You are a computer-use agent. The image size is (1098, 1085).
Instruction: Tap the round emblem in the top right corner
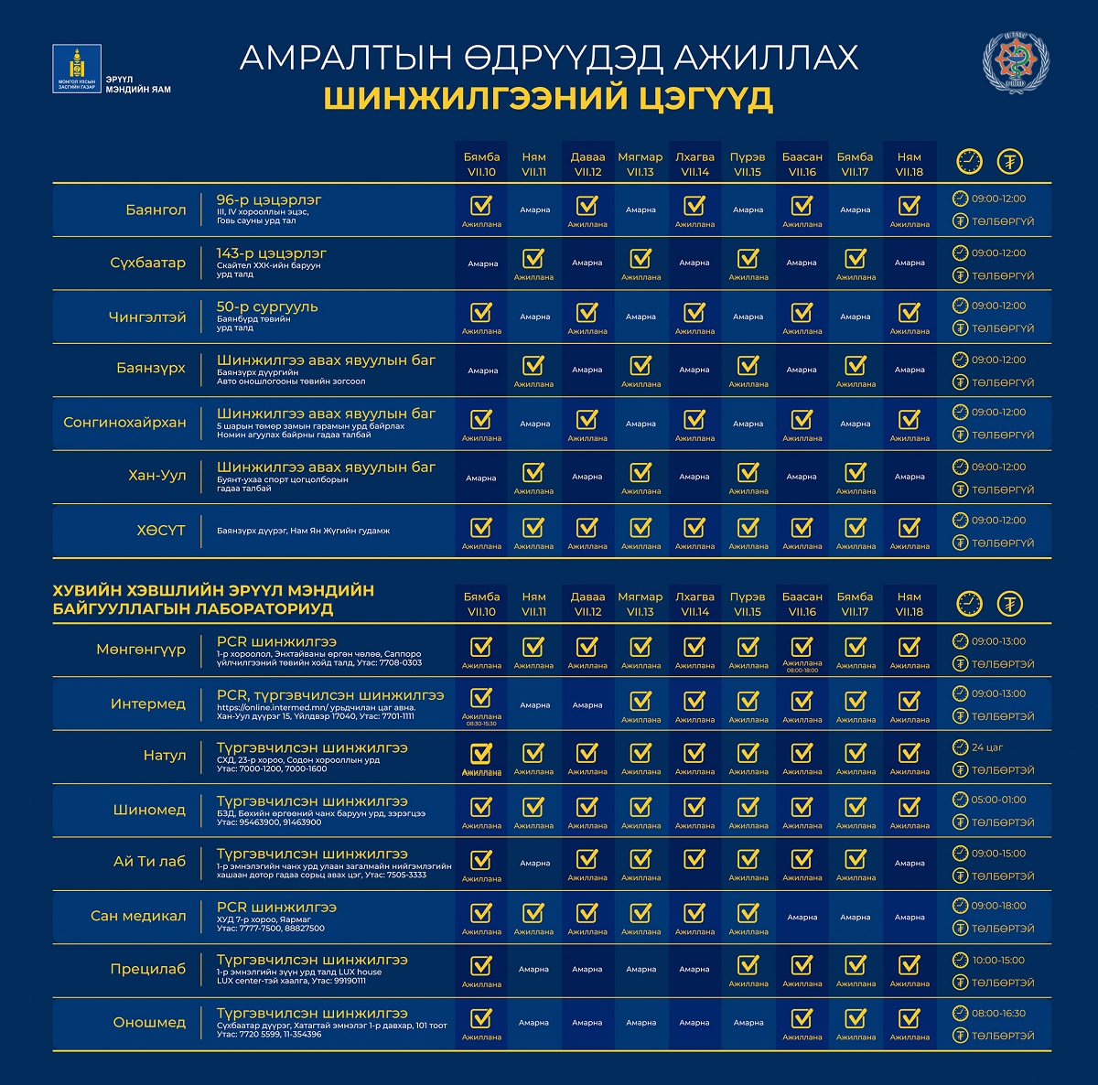coord(1016,64)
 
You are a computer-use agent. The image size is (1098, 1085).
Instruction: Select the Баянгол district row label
coord(156,209)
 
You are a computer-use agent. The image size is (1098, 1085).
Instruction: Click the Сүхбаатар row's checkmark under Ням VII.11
coord(533,258)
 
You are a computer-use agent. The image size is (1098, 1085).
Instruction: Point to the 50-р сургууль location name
coord(267,306)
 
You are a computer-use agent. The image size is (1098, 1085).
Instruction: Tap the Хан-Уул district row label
coord(157,476)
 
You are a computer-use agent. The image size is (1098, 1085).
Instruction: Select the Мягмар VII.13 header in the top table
coord(640,164)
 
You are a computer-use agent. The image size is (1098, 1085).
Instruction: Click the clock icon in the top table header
coord(968,162)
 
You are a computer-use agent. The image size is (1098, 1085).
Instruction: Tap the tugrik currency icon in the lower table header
coord(1010,604)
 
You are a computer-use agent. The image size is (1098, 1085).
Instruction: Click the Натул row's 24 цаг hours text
coord(987,747)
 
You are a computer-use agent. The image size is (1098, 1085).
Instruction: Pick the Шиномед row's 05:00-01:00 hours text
coord(998,800)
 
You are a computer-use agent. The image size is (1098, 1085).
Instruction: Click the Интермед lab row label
coord(148,704)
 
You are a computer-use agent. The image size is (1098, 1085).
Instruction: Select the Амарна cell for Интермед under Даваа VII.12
coord(587,705)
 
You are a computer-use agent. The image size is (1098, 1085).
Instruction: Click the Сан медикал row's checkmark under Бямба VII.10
coord(480,913)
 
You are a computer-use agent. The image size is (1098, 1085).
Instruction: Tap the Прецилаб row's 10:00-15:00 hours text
coord(998,961)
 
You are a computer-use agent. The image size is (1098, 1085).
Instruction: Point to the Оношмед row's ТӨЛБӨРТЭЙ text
coord(1003,1036)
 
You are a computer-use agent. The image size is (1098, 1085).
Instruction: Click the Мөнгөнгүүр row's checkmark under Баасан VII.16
coord(802,646)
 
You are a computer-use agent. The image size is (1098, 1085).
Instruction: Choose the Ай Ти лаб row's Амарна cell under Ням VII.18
coord(910,863)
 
